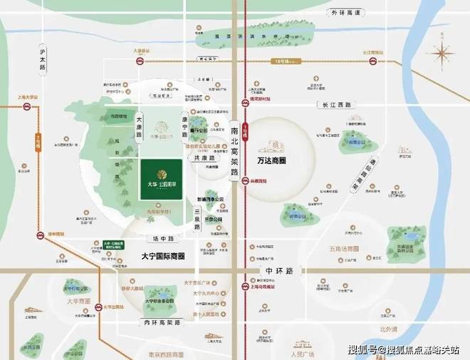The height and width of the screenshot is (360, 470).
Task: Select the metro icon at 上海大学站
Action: (27, 108)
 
